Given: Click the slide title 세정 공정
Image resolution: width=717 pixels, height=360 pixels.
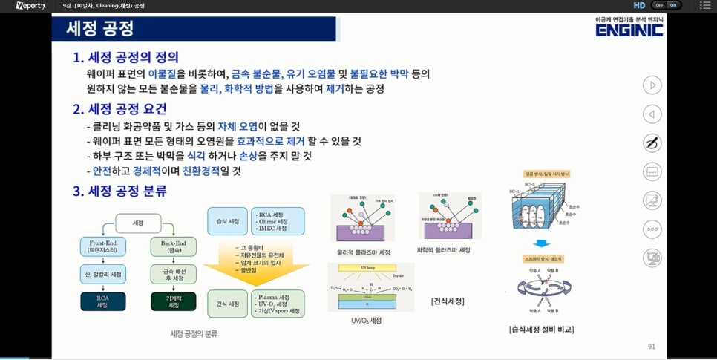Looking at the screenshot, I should (x=100, y=29).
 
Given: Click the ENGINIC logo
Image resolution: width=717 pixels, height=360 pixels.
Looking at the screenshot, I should (x=629, y=30).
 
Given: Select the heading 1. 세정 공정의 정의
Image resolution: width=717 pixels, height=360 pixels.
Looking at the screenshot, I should (x=125, y=57).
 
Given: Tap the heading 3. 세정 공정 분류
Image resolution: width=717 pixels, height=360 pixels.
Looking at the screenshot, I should (x=119, y=191).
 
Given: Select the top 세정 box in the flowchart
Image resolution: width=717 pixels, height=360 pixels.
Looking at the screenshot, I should (x=137, y=222).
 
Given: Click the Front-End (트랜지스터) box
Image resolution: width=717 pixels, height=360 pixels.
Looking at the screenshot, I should (x=105, y=247).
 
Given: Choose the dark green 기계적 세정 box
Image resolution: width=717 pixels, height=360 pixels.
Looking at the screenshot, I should (x=174, y=301).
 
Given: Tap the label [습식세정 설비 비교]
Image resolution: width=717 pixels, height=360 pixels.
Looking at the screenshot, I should (x=541, y=329).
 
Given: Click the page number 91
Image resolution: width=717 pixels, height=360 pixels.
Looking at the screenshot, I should (x=652, y=346).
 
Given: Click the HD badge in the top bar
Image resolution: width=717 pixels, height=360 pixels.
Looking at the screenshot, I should (x=639, y=5).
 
